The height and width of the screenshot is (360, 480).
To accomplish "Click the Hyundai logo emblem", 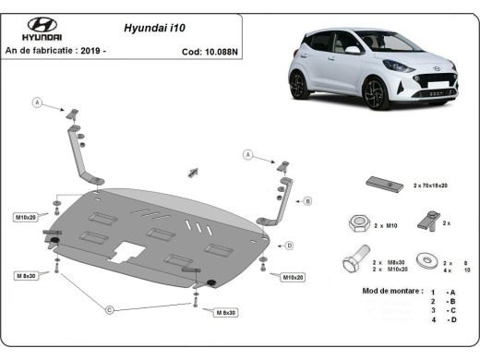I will (42, 26).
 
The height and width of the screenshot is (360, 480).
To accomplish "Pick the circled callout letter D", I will (289, 245).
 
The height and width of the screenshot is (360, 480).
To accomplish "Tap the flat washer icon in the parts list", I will (426, 261).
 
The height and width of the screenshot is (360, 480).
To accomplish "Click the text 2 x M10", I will (385, 224).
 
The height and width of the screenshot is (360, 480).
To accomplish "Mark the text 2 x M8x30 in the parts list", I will (389, 262).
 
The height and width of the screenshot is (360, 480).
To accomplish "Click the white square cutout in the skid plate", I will (127, 253).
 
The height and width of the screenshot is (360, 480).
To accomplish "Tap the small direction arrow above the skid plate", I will (194, 171).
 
